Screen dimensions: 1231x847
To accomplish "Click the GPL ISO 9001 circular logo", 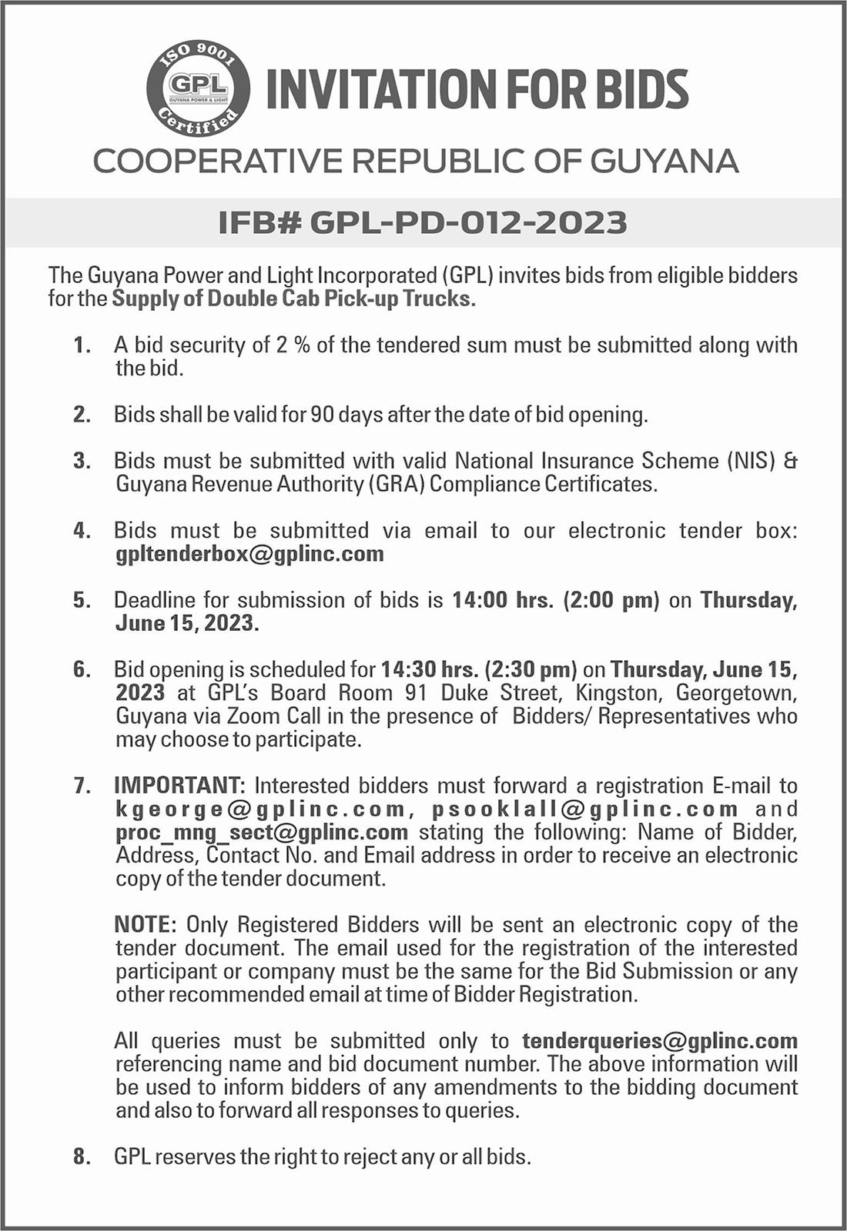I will coord(199,87).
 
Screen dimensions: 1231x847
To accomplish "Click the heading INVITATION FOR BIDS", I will coord(477,88).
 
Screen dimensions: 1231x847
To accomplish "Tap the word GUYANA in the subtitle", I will coord(664,161).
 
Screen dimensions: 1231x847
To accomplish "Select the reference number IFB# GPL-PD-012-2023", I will coord(423,222).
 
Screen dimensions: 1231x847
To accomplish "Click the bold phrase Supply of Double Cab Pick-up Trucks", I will coord(293,299).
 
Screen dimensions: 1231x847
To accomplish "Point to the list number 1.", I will coord(82,345).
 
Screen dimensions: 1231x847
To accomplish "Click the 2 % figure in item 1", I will coord(292,345).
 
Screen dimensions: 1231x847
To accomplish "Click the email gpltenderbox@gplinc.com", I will coord(249,554).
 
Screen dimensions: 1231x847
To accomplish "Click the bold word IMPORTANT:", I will coord(179,786).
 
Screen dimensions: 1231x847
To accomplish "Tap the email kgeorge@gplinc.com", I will coord(260,809).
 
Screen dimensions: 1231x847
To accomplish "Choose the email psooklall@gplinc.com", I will coord(585,809).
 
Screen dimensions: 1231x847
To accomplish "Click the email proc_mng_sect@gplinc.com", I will coord(262,832).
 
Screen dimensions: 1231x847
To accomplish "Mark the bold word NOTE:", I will coord(146,925).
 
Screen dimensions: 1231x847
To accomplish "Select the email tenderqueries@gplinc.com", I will coord(660,1041).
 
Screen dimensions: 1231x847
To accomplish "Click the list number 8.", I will coord(82,1156).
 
